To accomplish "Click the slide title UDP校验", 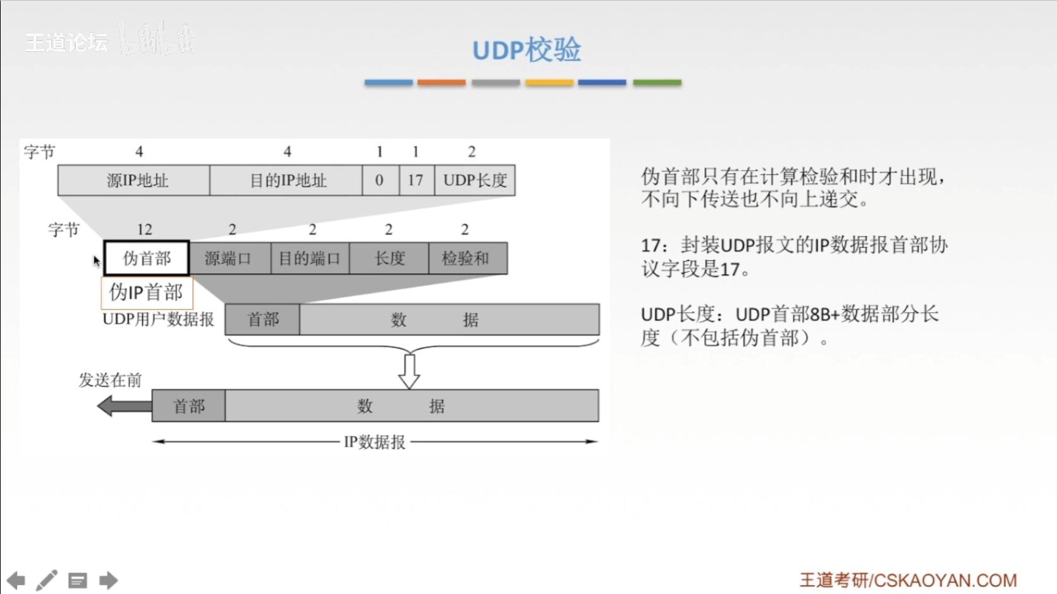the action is (527, 50).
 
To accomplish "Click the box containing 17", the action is (416, 180).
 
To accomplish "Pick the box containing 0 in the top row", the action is (380, 180).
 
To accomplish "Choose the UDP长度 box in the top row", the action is (475, 180).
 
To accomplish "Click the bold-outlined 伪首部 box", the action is (147, 258).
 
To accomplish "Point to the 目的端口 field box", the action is (310, 258).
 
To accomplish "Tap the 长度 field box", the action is (389, 258).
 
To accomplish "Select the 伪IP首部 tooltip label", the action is (147, 292).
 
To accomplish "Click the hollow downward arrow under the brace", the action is (409, 371).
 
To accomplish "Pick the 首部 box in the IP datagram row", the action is (188, 406).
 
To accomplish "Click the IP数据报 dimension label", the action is (374, 442).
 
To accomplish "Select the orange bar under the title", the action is (441, 83).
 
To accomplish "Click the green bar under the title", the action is (657, 83).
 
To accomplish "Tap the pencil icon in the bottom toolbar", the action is (47, 580).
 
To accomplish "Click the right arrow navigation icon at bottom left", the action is (108, 580).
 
